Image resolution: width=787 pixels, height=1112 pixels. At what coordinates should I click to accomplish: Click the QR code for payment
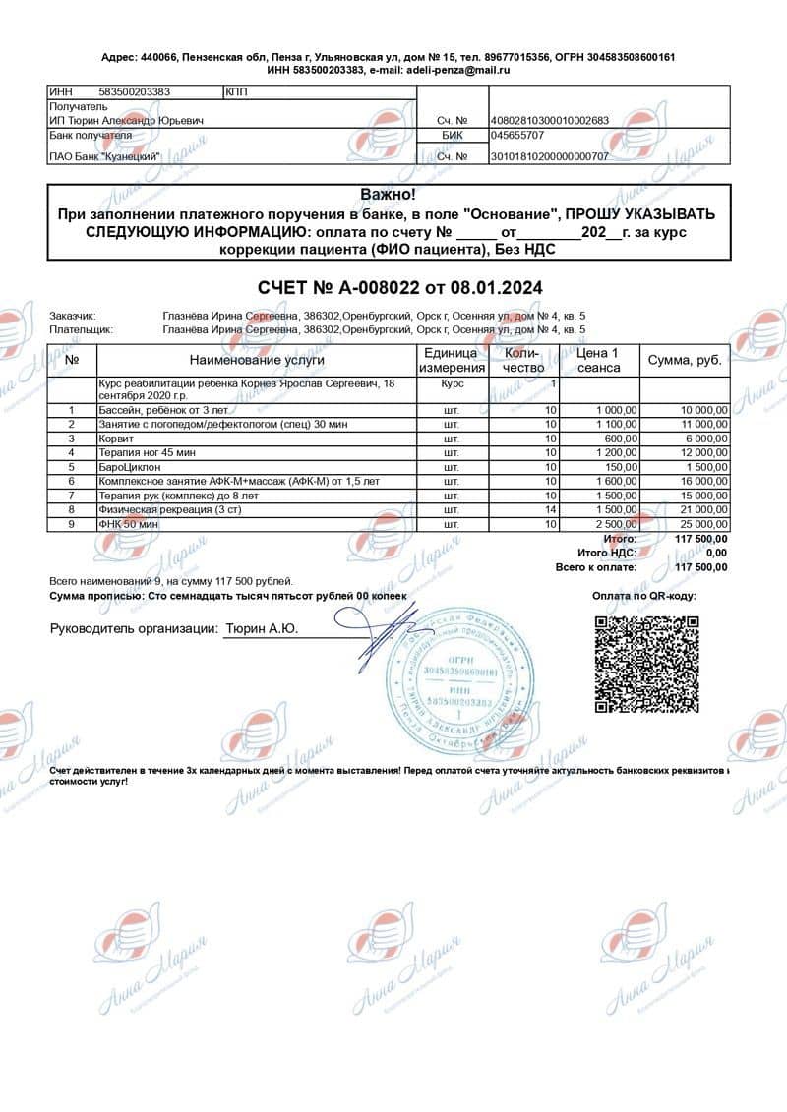646,662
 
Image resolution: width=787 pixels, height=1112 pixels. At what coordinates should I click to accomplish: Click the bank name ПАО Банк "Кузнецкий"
105,156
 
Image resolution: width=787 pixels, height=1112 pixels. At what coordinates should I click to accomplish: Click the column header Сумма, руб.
685,360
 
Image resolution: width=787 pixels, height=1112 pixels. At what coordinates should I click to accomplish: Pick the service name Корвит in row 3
115,439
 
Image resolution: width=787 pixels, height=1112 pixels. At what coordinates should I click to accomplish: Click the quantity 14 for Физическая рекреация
552,510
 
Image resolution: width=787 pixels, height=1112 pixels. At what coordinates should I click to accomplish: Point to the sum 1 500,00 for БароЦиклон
702,467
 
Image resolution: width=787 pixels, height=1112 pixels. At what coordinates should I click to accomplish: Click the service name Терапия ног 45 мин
147,452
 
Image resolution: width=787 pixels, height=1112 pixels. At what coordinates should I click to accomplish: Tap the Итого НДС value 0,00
714,554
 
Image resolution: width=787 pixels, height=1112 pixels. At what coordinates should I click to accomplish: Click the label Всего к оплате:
596,567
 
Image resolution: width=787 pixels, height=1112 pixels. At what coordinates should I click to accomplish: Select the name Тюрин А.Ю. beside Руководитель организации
263,628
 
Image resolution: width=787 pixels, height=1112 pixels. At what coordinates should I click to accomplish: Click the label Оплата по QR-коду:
643,596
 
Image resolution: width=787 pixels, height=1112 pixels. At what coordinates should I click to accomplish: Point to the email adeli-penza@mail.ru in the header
456,70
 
